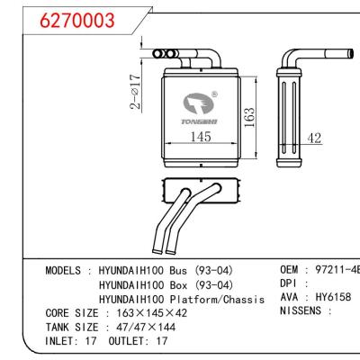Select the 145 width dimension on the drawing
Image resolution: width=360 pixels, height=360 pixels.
pos(200,136)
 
